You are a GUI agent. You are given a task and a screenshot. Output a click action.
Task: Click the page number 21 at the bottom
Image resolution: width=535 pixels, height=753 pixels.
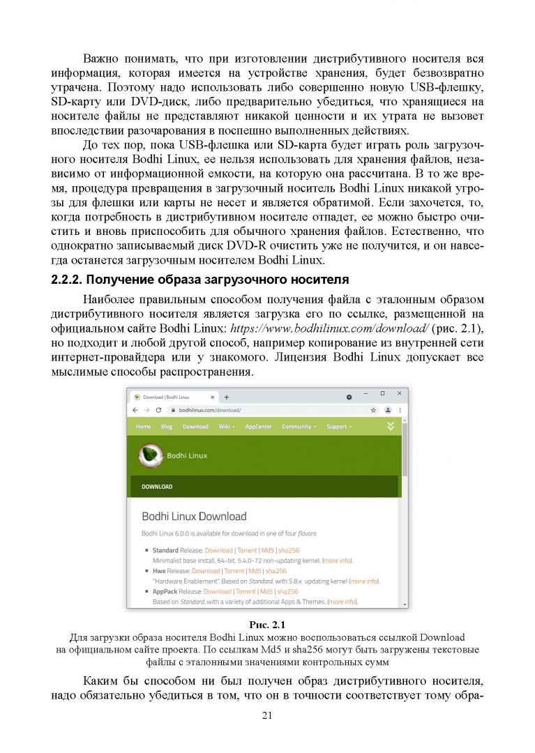coord(266,715)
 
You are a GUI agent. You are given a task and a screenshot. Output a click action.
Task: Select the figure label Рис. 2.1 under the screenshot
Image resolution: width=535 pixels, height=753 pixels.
coord(268,625)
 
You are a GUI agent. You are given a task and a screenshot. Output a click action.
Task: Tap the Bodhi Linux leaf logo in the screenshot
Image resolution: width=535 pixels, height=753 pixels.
coord(149,455)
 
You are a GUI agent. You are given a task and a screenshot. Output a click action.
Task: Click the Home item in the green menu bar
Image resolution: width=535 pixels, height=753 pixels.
coord(143,426)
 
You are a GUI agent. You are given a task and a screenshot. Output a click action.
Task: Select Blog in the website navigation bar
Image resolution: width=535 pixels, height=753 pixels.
coord(167,426)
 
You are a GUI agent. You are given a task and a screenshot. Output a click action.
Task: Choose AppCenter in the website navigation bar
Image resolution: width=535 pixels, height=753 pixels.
coord(258,426)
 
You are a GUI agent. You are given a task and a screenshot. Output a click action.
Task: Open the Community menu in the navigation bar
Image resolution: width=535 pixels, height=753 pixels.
coord(299,426)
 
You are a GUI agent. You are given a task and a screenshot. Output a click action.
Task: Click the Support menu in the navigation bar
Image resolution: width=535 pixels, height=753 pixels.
coord(339,426)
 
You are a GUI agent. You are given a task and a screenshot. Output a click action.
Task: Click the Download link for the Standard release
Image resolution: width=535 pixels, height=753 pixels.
coord(218,550)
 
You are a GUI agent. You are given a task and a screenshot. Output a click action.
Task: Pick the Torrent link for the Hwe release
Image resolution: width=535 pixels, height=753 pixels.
coord(234,570)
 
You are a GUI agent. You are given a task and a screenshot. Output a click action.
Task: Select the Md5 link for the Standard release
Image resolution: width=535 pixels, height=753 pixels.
coord(267,550)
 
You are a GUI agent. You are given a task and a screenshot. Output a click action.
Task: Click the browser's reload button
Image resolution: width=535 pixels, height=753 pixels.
coord(158,410)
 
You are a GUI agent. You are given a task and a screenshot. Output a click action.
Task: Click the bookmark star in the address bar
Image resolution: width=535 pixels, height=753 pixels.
coord(374,410)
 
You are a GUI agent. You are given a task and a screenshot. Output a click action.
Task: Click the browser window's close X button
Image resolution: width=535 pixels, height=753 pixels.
coord(398,394)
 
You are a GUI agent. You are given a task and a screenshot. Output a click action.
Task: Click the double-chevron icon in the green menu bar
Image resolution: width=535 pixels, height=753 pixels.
coord(391,426)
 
